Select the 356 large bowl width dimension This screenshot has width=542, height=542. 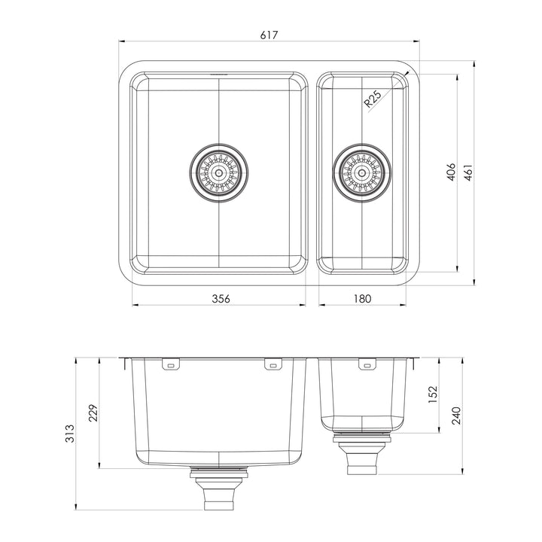(220, 298)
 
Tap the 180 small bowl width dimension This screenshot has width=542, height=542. (362, 298)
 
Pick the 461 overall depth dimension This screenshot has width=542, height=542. (467, 172)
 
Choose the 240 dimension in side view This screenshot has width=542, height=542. (455, 415)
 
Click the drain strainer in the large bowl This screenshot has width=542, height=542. (219, 172)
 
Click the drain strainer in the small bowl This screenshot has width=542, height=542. (362, 172)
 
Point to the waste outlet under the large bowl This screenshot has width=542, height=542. (219, 489)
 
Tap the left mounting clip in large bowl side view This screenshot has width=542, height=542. (171, 365)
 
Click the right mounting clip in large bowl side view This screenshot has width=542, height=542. (269, 365)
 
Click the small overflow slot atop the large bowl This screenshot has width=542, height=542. (219, 75)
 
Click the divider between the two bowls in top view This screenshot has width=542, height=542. (312, 172)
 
